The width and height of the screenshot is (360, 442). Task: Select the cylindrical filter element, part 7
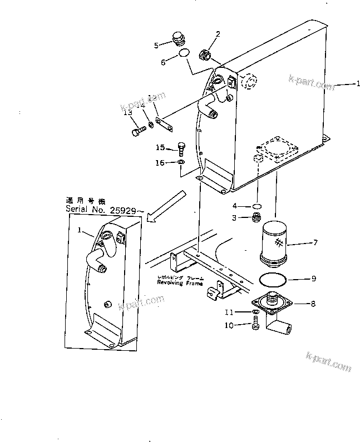[273, 243]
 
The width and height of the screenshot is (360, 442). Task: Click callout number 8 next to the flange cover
[313, 304]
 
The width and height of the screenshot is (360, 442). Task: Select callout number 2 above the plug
[218, 34]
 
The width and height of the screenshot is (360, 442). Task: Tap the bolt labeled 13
[139, 132]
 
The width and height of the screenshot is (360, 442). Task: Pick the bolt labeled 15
[181, 148]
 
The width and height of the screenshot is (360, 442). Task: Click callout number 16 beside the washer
[160, 162]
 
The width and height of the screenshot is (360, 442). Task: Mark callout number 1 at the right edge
[358, 84]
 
